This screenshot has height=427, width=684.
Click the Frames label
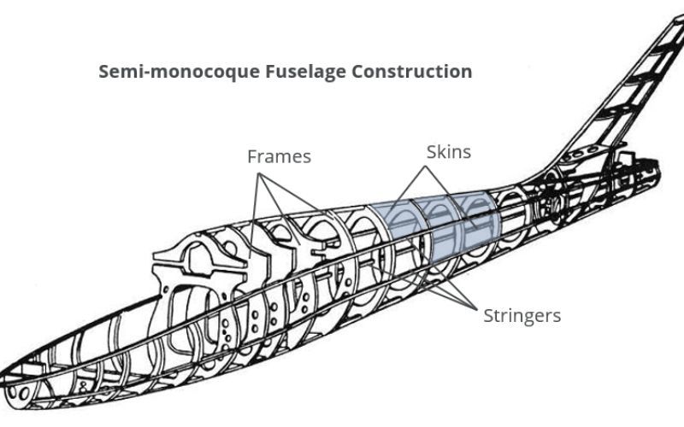pyautogui.click(x=279, y=157)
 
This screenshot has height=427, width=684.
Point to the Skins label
pyautogui.click(x=449, y=152)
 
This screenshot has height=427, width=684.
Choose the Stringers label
pyautogui.click(x=522, y=316)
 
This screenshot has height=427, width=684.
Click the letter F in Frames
pyautogui.click(x=252, y=157)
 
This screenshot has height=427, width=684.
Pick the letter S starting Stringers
pyautogui.click(x=488, y=316)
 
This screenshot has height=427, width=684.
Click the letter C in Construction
pyautogui.click(x=353, y=72)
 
